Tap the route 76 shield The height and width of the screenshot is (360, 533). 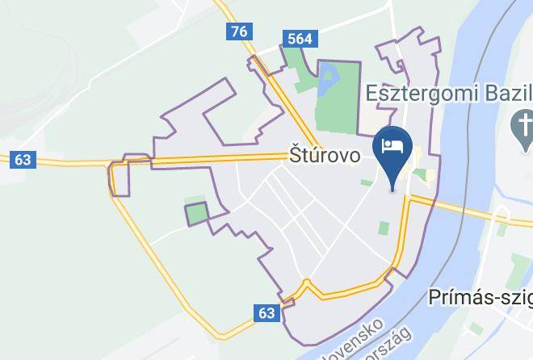click(x=238, y=31)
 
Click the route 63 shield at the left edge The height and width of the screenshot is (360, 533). click(x=23, y=160)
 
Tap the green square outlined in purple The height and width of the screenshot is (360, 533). click(x=197, y=214)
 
